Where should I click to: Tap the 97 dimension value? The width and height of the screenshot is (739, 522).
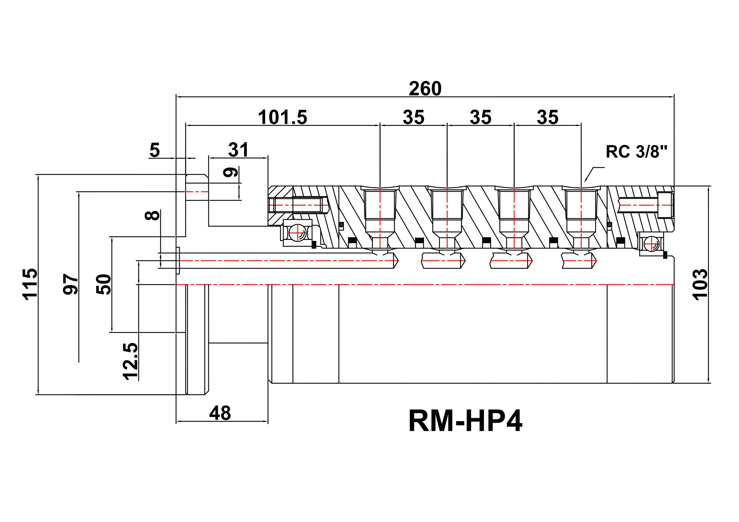tap(70, 284)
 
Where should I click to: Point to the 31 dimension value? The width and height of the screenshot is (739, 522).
tap(238, 150)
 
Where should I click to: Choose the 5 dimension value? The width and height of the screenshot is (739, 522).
tap(155, 150)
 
